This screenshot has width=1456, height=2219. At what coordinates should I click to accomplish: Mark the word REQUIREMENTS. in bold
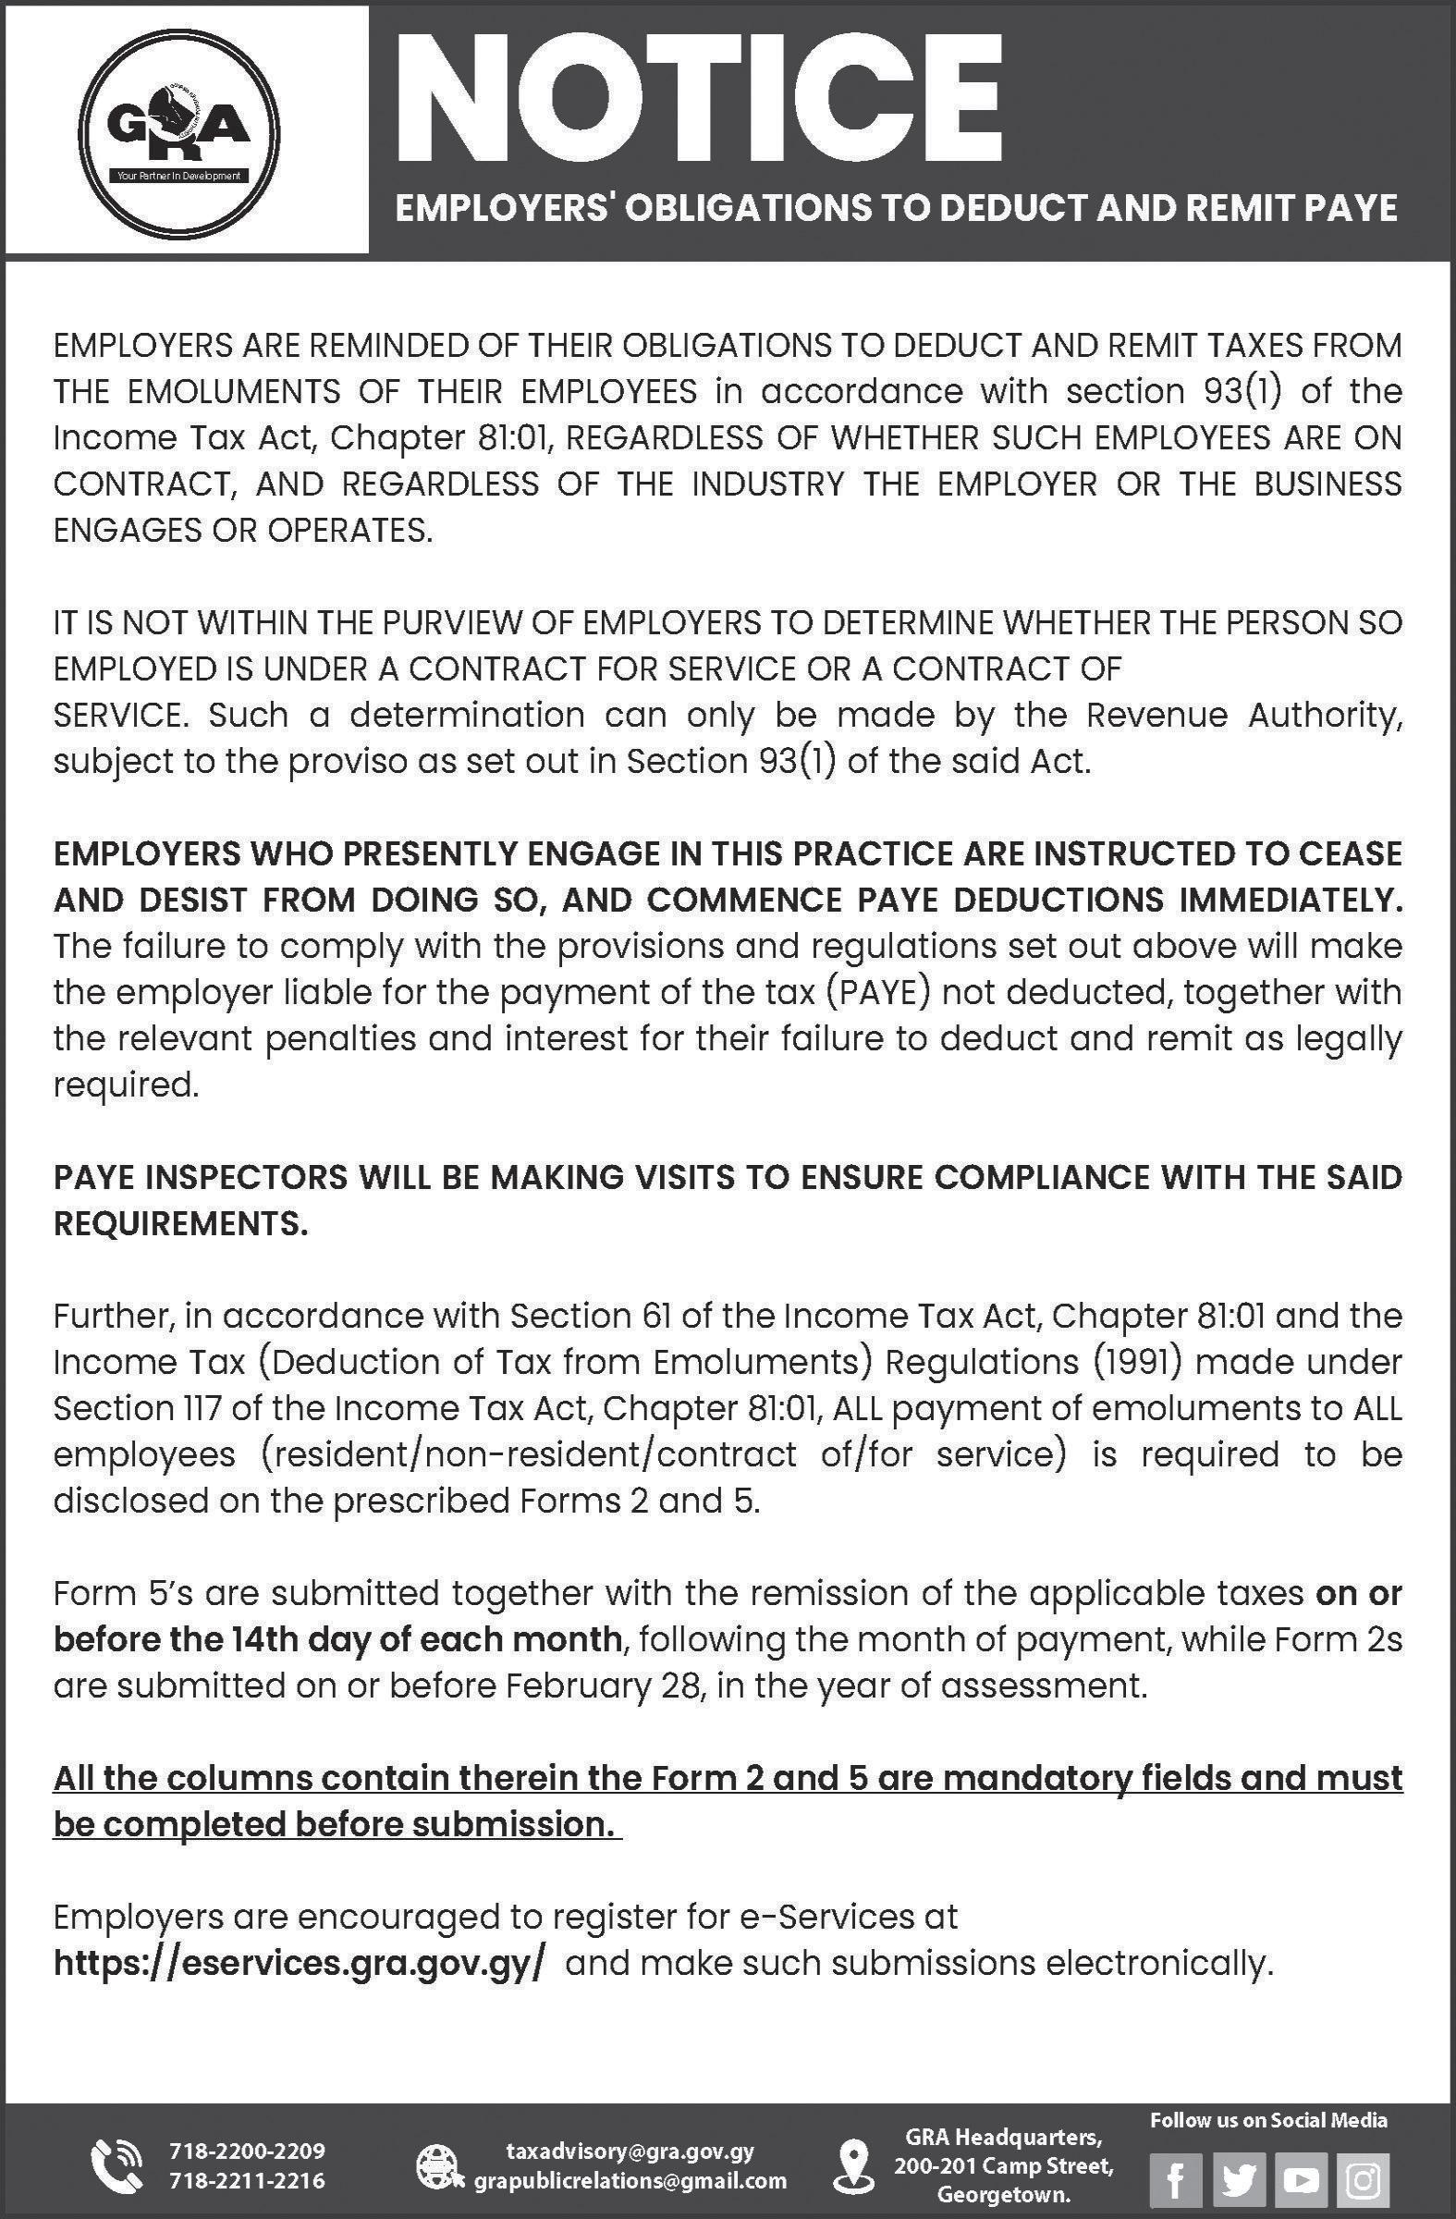click(180, 1224)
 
